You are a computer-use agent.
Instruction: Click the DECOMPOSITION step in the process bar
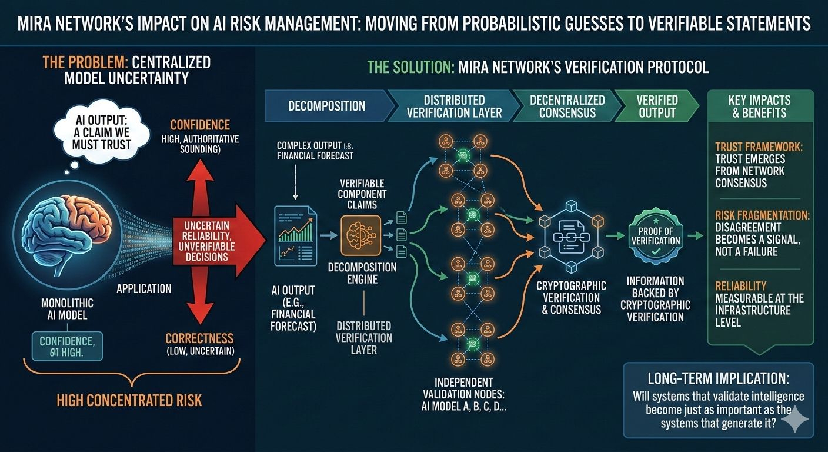[x=327, y=107]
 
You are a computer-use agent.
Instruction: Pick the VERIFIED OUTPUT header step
[x=657, y=107]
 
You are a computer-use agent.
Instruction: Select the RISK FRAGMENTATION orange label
[x=762, y=215]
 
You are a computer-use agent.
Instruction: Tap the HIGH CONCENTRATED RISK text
[x=129, y=401]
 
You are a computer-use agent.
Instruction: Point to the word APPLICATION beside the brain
[x=144, y=288]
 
